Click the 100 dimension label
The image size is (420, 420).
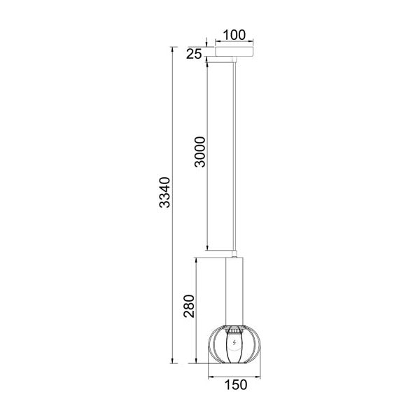(x=234, y=35)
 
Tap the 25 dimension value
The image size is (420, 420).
(x=194, y=55)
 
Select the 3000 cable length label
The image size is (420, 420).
(x=199, y=152)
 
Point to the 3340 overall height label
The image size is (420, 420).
(x=164, y=192)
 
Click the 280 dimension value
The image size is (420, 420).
(x=189, y=306)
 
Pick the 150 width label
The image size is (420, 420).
(x=236, y=385)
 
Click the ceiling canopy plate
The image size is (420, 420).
(x=234, y=52)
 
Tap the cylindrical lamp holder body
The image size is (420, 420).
(x=234, y=291)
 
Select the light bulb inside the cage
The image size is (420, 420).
(x=234, y=348)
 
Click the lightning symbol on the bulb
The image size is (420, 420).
(x=234, y=342)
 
